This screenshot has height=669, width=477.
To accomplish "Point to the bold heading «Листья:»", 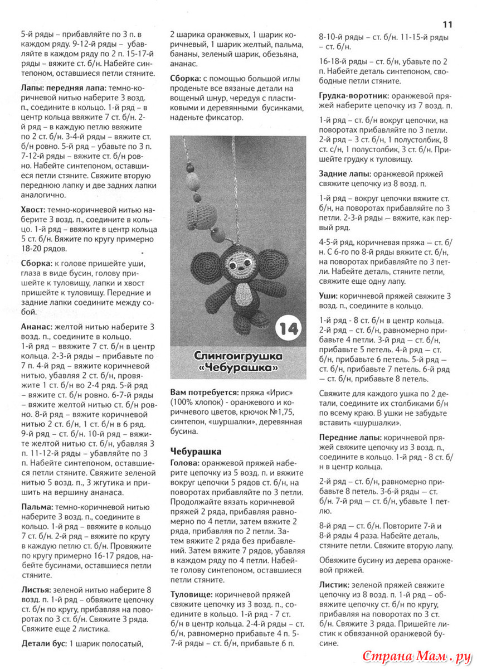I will (x=37, y=589).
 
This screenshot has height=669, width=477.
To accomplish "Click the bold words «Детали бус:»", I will (x=44, y=643).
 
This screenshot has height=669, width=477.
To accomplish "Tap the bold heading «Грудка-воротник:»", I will (x=354, y=96).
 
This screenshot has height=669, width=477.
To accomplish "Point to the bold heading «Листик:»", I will (x=334, y=585).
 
